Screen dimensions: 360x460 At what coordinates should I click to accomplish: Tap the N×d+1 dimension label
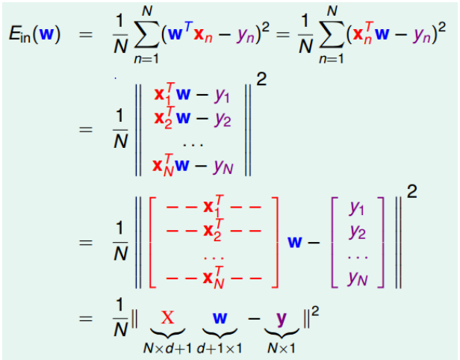(169, 347)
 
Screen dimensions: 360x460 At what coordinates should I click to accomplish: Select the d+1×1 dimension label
(219, 347)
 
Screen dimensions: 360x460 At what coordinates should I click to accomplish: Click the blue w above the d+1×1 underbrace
(220, 318)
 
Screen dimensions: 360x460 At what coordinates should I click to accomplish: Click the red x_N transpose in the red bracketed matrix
(213, 279)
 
